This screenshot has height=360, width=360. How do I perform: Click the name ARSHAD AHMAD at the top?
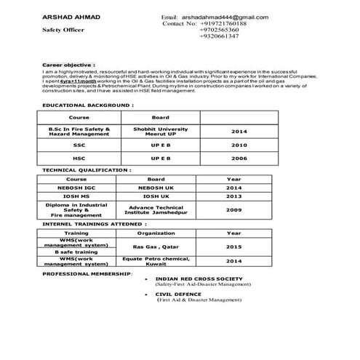pos(61,17)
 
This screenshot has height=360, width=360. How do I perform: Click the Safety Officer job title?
pos(63,30)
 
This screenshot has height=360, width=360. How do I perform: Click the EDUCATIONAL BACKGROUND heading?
pos(87,105)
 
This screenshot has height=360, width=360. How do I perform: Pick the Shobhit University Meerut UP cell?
pos(161,131)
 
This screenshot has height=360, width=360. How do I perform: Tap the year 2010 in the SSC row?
pos(239,145)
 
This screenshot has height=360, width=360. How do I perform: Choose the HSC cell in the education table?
pos(79,159)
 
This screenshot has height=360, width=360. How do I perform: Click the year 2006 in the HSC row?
pos(239,159)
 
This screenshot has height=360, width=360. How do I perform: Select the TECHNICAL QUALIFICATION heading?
pos(87,170)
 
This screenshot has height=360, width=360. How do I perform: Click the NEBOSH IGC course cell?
pos(76,187)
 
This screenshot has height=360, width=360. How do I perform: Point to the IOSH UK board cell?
pos(156,196)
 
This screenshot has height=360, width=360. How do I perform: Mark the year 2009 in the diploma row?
pos(233,209)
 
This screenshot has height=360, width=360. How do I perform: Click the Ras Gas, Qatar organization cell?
pos(156,247)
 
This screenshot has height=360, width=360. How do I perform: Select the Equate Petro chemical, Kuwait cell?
pos(156,260)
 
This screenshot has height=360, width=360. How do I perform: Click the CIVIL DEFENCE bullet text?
pos(178,294)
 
